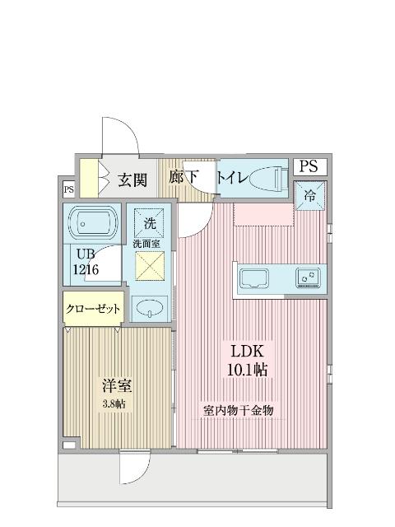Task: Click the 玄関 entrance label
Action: click(132, 180)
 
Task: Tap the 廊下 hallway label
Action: click(184, 177)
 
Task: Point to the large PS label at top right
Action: click(308, 166)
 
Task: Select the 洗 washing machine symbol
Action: click(150, 222)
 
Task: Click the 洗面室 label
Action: click(146, 245)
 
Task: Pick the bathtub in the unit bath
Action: click(95, 222)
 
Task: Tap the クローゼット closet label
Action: click(93, 309)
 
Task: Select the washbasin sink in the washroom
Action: click(150, 310)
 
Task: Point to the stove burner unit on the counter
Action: click(309, 278)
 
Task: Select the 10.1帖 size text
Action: click(247, 371)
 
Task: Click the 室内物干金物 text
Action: click(238, 409)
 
